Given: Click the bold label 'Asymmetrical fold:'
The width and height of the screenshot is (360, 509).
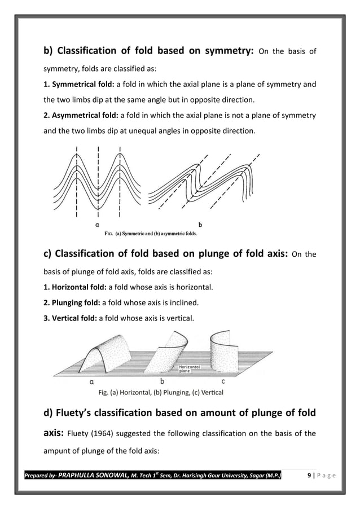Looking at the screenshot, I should (x=80, y=116).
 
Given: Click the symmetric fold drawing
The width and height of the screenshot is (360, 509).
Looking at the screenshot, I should (x=98, y=181).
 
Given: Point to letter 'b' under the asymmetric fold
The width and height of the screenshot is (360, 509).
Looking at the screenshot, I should (x=200, y=223).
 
